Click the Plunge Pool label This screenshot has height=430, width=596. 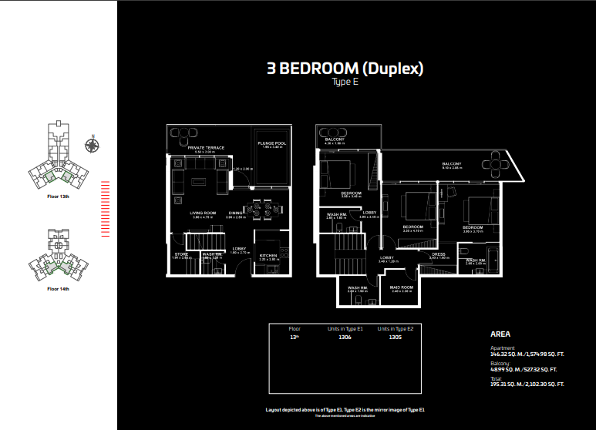click(x=271, y=143)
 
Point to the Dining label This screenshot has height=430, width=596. click(x=235, y=213)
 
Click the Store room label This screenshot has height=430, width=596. click(x=182, y=254)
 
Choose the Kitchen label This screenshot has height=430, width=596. click(x=268, y=255)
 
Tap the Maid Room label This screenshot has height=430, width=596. click(x=402, y=287)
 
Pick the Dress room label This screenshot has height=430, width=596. click(x=438, y=254)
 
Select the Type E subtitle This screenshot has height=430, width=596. click(x=345, y=82)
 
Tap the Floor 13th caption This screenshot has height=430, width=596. click(x=59, y=197)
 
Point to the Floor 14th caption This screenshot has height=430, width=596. click(x=59, y=289)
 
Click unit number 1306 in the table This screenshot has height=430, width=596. click(x=345, y=337)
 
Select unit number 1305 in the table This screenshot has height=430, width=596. click(x=396, y=337)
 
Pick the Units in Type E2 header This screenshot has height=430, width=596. click(x=396, y=328)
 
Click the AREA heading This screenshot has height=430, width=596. click(x=501, y=335)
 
